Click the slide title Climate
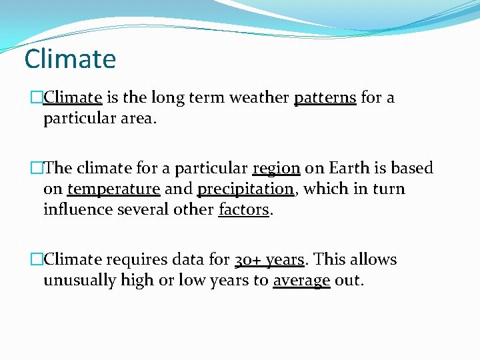(x=70, y=59)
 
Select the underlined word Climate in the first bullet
(x=73, y=97)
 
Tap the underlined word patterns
(x=325, y=97)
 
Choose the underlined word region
(x=276, y=168)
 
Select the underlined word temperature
(x=113, y=189)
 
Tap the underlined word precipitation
(x=245, y=189)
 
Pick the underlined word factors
(x=243, y=210)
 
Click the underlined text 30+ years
(x=269, y=259)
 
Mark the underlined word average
(x=301, y=281)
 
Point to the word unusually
(x=79, y=281)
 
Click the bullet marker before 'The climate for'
(x=37, y=168)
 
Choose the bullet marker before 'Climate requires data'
(x=37, y=259)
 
